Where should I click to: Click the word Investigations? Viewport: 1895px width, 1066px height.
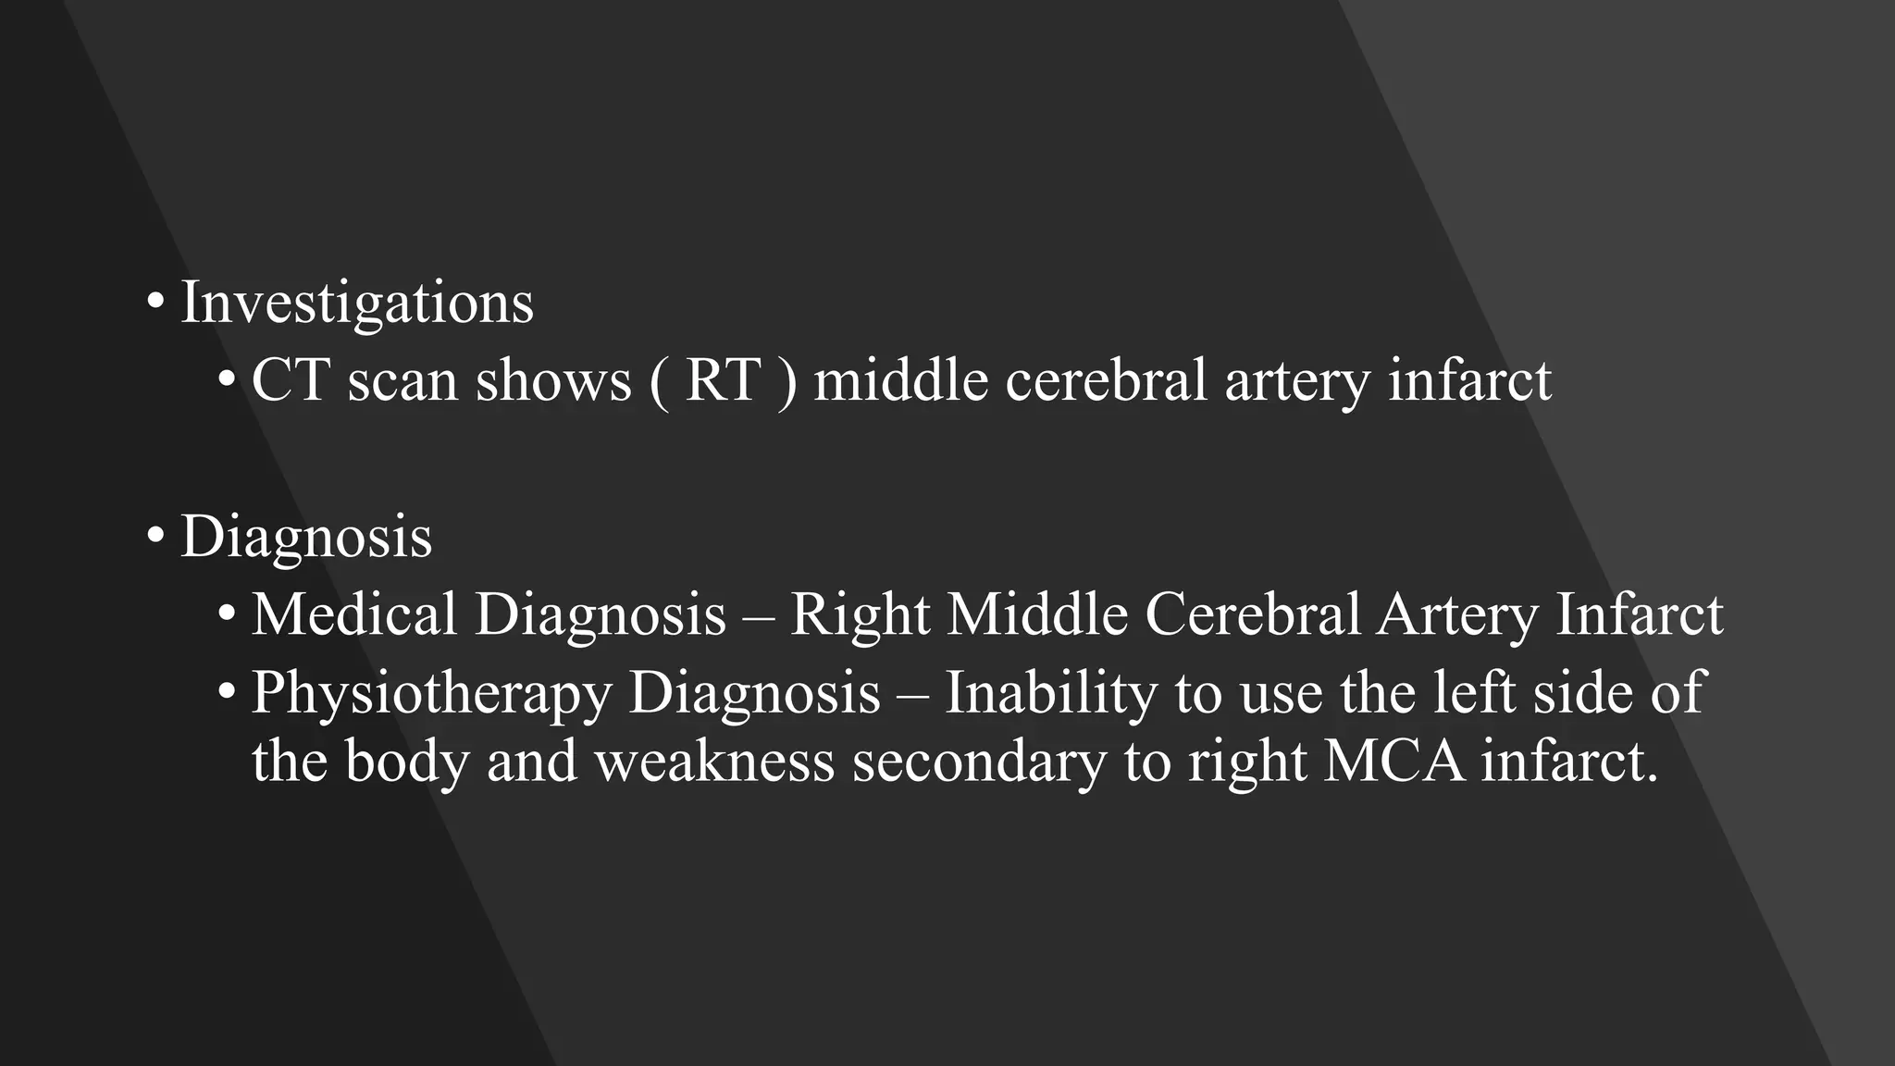[357, 303]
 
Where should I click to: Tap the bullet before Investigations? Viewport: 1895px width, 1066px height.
[155, 301]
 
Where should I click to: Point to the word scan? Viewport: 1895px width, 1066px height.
[403, 381]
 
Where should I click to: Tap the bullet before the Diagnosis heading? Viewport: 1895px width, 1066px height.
[155, 535]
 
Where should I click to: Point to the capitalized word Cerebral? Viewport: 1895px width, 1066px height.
[1252, 614]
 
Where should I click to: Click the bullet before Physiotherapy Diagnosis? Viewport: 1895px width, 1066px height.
[227, 692]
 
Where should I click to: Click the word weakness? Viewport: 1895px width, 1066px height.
[714, 762]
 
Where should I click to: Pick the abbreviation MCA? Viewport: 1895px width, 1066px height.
[1394, 762]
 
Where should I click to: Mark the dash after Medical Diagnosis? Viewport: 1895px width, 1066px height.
[758, 616]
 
